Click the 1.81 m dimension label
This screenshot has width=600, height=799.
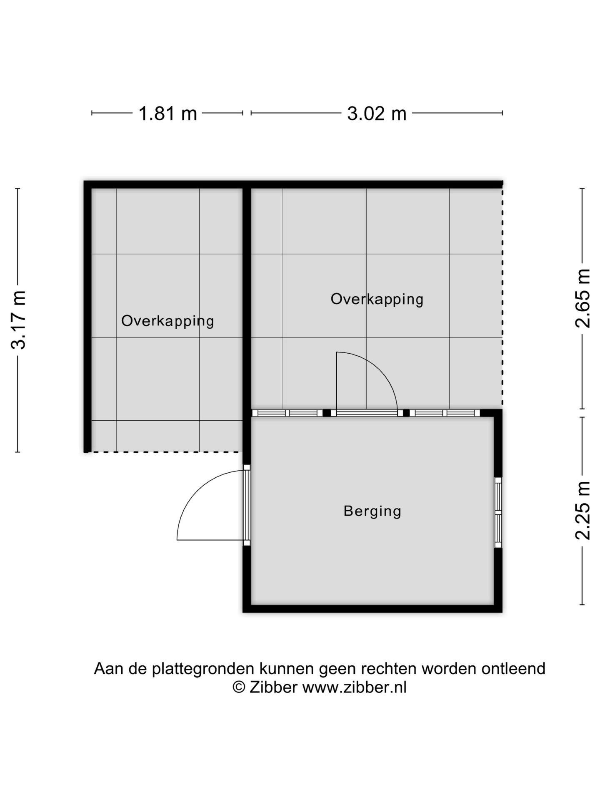[167, 113]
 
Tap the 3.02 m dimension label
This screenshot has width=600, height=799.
[377, 113]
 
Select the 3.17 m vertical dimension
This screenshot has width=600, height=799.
[18, 320]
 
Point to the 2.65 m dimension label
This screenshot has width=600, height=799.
[583, 298]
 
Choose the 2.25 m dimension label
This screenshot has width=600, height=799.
[583, 511]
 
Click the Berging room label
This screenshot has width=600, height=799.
[372, 511]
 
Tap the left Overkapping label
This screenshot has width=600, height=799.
[167, 321]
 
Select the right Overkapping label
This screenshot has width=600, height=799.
[377, 299]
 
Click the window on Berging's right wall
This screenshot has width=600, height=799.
[498, 512]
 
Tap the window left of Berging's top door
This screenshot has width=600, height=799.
[287, 413]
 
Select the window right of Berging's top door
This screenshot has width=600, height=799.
[445, 413]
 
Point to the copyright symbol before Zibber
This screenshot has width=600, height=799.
[239, 687]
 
